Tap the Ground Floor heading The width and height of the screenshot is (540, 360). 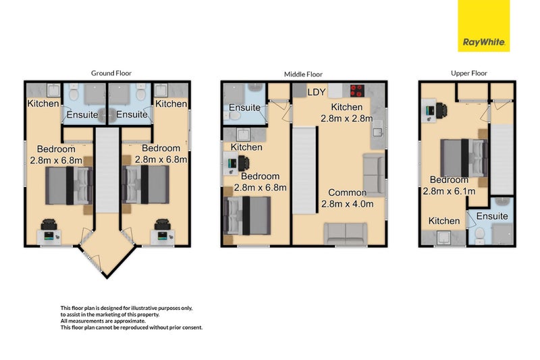point(111,73)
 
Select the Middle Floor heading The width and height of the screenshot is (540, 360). point(303,74)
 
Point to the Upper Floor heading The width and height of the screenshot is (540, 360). point(468,73)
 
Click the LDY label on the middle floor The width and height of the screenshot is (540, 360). point(317,92)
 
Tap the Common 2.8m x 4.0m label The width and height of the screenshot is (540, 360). point(352,197)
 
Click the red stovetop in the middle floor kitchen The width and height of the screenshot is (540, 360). point(357,91)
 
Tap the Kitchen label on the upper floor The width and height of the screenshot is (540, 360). point(444,221)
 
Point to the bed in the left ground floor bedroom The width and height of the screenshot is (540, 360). point(68,186)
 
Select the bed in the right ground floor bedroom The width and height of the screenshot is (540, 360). point(145,186)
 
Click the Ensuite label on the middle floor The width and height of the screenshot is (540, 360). point(244,107)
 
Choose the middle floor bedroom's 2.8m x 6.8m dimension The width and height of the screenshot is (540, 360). point(260,188)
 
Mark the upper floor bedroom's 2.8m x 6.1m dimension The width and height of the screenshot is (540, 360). point(449,191)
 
